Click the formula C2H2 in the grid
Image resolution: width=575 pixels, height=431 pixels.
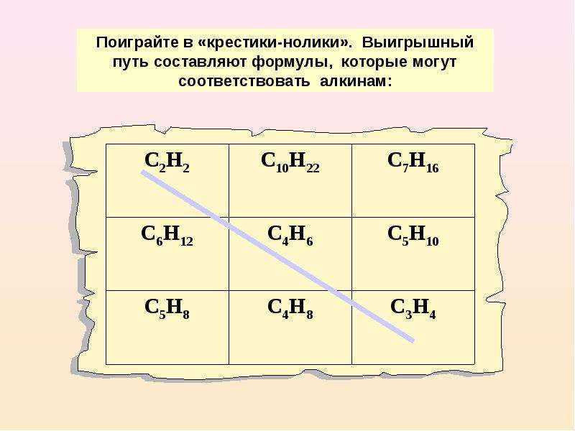pyautogui.click(x=167, y=162)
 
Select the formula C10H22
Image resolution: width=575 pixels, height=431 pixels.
pyautogui.click(x=290, y=162)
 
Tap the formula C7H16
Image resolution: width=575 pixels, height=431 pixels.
pyautogui.click(x=413, y=162)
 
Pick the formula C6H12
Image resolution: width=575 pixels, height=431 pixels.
pyautogui.click(x=167, y=236)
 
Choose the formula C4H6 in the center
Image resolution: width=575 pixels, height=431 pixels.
pyautogui.click(x=290, y=236)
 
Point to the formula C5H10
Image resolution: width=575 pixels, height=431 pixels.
pyautogui.click(x=413, y=236)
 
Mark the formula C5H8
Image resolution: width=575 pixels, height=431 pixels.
pyautogui.click(x=167, y=309)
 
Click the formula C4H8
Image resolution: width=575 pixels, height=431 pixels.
pyautogui.click(x=290, y=309)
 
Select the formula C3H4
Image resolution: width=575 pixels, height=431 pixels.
pyautogui.click(x=413, y=309)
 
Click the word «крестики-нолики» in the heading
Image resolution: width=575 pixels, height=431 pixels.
pyautogui.click(x=275, y=42)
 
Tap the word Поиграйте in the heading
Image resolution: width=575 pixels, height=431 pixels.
pyautogui.click(x=139, y=42)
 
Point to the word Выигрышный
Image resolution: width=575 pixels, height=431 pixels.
pyautogui.click(x=418, y=42)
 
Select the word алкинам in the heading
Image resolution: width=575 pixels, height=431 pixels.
pyautogui.click(x=354, y=80)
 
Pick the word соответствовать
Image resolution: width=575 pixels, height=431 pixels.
pyautogui.click(x=244, y=80)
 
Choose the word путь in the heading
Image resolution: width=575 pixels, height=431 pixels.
pyautogui.click(x=131, y=62)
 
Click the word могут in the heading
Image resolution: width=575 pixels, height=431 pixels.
pyautogui.click(x=434, y=62)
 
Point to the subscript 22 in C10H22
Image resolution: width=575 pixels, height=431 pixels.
pyautogui.click(x=312, y=168)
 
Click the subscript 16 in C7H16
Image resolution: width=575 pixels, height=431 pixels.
pyautogui.click(x=433, y=168)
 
